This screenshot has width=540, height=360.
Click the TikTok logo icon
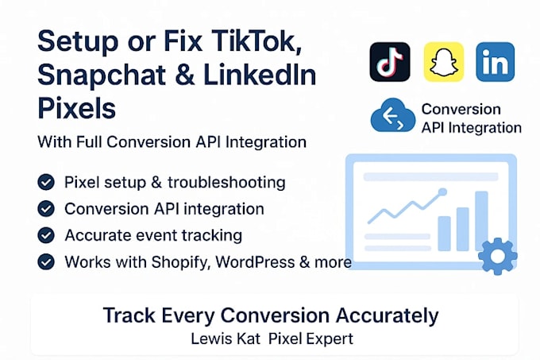(x=390, y=62)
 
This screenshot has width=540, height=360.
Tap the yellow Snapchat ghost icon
(x=444, y=62)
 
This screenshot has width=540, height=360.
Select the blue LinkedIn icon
(x=496, y=62)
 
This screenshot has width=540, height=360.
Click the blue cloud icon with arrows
(x=393, y=115)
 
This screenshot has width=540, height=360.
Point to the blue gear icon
(x=498, y=256)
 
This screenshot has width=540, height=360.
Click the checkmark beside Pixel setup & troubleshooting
(x=46, y=182)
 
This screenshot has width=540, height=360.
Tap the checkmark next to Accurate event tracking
(x=46, y=235)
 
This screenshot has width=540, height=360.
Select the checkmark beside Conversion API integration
(x=46, y=209)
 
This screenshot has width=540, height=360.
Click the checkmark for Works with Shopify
(x=46, y=261)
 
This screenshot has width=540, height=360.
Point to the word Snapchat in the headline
(x=102, y=75)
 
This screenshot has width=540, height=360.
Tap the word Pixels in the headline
(x=76, y=108)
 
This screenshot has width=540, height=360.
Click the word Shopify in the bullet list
(x=180, y=262)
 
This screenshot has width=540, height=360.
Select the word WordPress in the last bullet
(x=255, y=261)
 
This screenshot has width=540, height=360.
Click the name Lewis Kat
(x=226, y=339)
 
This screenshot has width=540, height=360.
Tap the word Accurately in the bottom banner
(x=387, y=316)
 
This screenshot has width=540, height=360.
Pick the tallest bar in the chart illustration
(x=481, y=221)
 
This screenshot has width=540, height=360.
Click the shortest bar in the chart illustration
(x=444, y=234)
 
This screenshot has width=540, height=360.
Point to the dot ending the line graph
(x=442, y=192)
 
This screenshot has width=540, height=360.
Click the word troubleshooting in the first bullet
(x=226, y=183)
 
